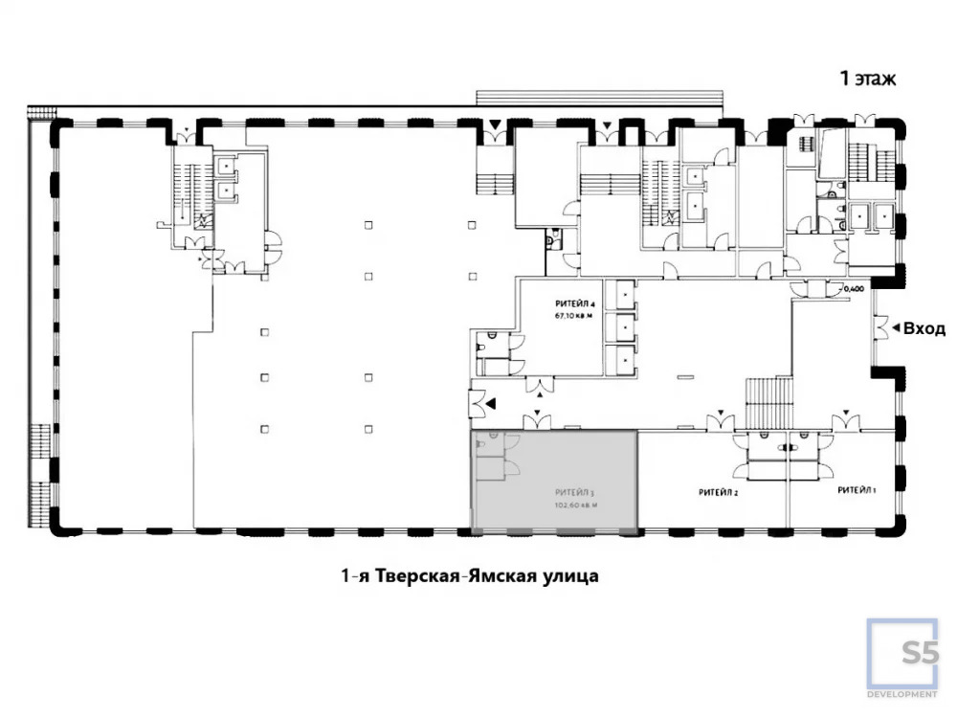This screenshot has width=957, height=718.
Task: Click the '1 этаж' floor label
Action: click(x=868, y=79)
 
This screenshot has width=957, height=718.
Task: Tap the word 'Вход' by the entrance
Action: click(x=924, y=328)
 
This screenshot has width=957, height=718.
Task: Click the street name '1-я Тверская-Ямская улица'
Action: click(x=469, y=576)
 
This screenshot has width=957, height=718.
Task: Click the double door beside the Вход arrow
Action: click(x=879, y=328)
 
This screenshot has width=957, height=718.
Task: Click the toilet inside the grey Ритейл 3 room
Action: click(x=492, y=438)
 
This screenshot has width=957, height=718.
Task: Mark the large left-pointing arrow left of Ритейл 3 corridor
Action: click(x=490, y=405)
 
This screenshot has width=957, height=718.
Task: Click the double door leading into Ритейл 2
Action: click(x=721, y=422)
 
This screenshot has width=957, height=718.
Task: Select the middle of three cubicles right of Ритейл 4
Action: click(x=623, y=326)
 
